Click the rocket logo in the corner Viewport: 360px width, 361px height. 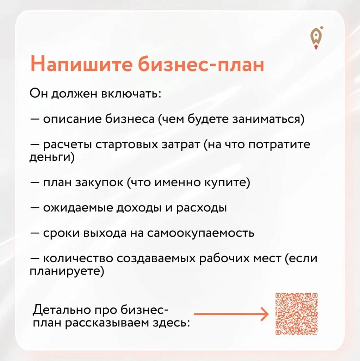tap(317, 38)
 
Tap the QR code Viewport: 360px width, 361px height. tap(297, 314)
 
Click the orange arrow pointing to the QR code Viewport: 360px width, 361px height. tap(231, 314)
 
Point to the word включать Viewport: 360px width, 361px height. tap(131, 94)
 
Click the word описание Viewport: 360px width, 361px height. tap(72, 120)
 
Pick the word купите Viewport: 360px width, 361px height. tap(225, 183)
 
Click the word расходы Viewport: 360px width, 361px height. tap(201, 208)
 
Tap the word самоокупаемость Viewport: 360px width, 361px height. tap(200, 233)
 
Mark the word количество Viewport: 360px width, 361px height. tap(78, 259)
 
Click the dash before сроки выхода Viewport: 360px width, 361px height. tap(35, 233)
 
